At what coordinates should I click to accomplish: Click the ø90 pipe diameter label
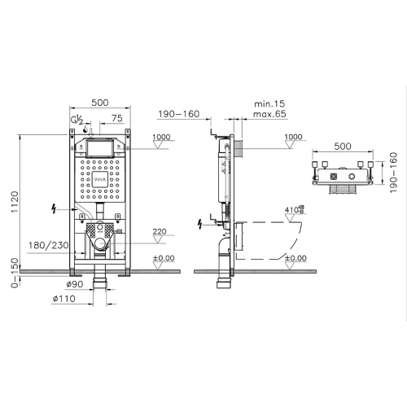tap(76, 284)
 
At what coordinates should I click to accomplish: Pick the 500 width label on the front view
tap(100, 103)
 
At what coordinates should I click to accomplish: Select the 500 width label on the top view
tap(342, 147)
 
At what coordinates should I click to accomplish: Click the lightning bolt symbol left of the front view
tap(55, 209)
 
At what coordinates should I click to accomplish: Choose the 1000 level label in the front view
tap(159, 137)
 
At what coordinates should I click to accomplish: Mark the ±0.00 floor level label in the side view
tap(296, 258)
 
